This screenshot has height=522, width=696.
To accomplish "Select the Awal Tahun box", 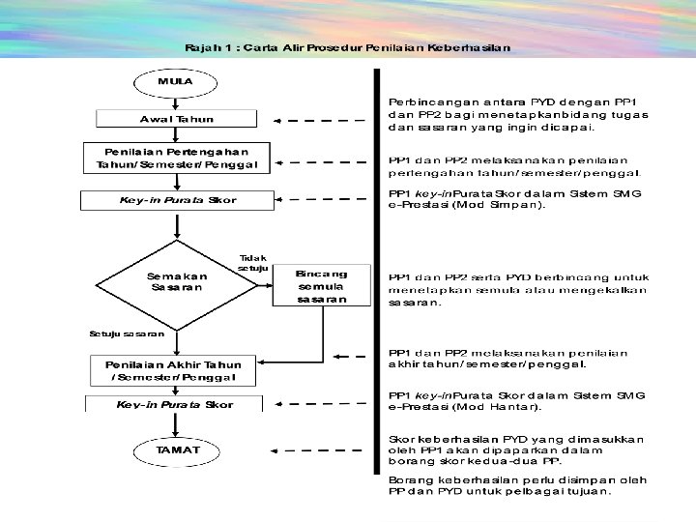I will coord(176,119).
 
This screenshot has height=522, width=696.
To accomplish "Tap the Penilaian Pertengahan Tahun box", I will coord(176,159).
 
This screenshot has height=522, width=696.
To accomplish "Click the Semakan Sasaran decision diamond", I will coord(177,282).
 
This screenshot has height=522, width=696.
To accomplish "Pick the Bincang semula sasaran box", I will coord(322,286).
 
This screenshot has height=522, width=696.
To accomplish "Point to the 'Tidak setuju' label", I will coord(253,262).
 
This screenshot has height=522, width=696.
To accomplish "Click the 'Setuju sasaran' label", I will coord(127,333).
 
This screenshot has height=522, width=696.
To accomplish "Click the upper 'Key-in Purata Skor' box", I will coord(176,200).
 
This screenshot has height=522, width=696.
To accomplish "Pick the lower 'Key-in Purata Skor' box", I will coord(174,404).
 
